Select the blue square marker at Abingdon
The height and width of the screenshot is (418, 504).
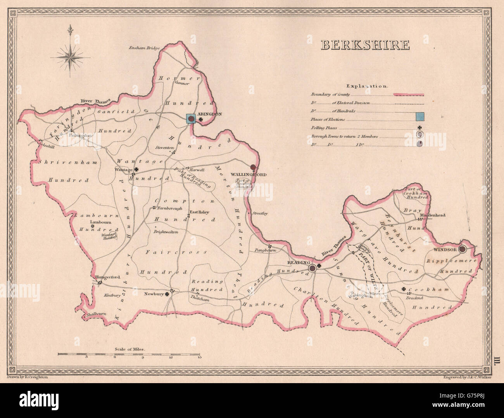pos(191,119)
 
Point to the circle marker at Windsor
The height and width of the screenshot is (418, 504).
pos(463,249)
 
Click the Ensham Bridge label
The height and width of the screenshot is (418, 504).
pos(145,48)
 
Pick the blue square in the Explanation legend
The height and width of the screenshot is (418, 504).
pos(419,116)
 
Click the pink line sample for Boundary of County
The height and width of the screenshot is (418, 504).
pos(409,95)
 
